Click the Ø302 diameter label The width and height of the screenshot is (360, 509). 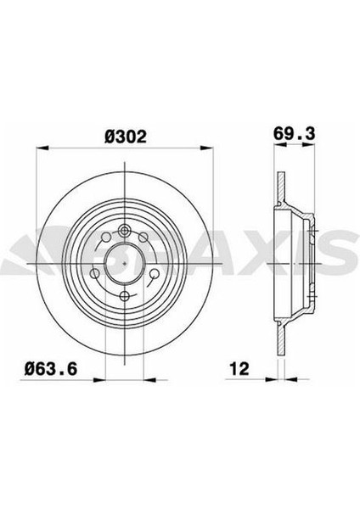[x=123, y=134]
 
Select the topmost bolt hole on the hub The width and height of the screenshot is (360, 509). [x=124, y=227]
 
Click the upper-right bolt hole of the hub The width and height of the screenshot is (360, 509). [x=146, y=239]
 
